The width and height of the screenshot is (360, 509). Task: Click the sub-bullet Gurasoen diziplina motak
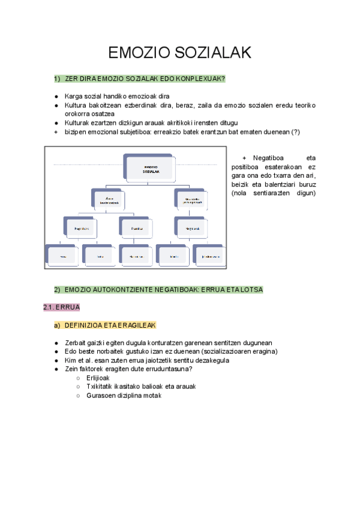[124, 396]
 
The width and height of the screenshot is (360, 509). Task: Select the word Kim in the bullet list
[71, 360]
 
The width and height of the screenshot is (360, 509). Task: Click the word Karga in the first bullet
[73, 96]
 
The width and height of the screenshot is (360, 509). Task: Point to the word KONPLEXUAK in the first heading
[202, 79]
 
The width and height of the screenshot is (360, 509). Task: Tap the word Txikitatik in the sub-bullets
[102, 387]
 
